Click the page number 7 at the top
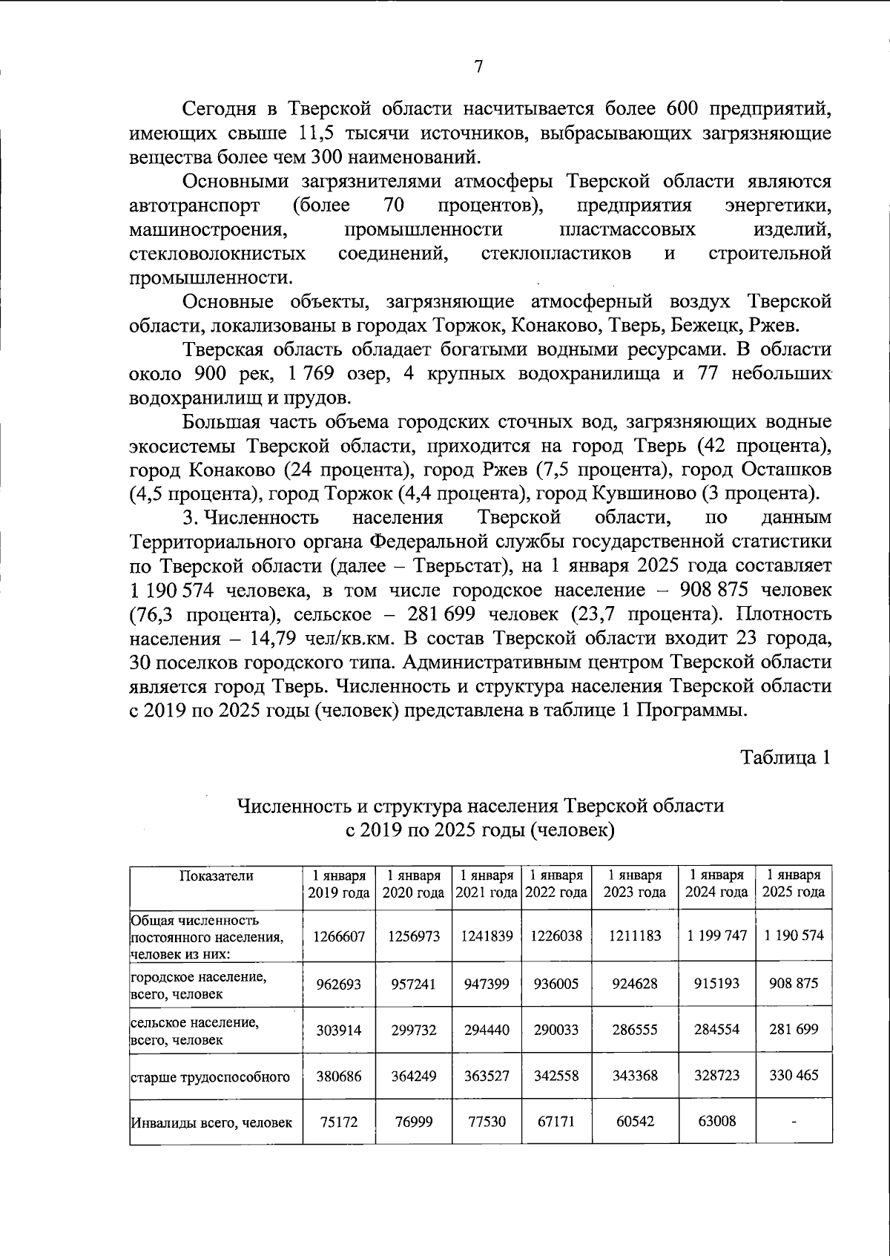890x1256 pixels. pyautogui.click(x=478, y=67)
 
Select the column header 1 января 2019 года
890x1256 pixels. pyautogui.click(x=339, y=884)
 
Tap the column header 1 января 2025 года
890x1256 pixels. pyautogui.click(x=793, y=884)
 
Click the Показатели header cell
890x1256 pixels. pyautogui.click(x=216, y=876)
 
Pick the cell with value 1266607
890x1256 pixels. pyautogui.click(x=339, y=936)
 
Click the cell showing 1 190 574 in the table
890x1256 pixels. pyautogui.click(x=793, y=936)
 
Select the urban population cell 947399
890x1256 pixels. pyautogui.click(x=486, y=984)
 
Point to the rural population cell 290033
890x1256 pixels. pyautogui.click(x=556, y=1030)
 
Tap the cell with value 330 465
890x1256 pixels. pyautogui.click(x=793, y=1075)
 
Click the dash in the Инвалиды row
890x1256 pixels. pyautogui.click(x=793, y=1122)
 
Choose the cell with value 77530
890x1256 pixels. pyautogui.click(x=486, y=1122)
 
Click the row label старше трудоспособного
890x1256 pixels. pyautogui.click(x=210, y=1076)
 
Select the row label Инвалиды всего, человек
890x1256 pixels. pyautogui.click(x=211, y=1122)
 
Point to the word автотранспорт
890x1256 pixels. pyautogui.click(x=194, y=206)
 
